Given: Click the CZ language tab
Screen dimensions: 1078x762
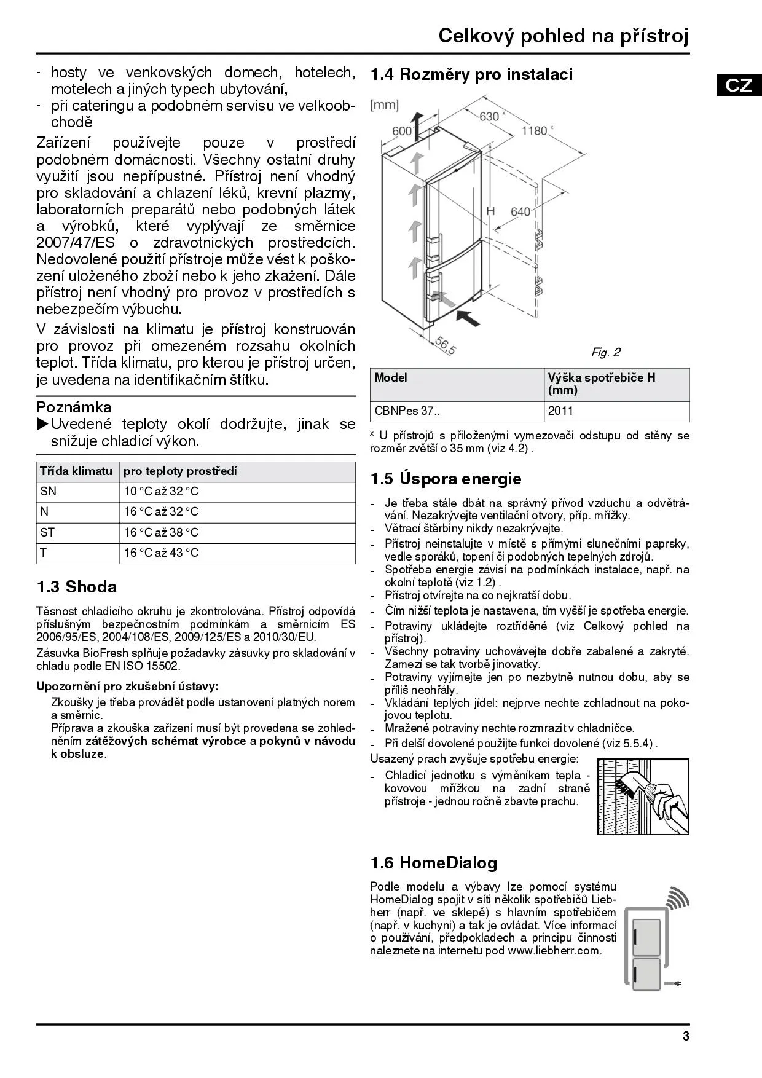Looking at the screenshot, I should coord(739,84).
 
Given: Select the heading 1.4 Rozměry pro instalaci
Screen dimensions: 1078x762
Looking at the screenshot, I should coord(471,74).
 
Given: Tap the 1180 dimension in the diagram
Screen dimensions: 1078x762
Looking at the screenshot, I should coord(534,130).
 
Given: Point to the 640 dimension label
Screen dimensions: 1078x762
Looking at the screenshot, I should coord(520,211).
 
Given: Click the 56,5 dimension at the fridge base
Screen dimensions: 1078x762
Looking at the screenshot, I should coord(446,345).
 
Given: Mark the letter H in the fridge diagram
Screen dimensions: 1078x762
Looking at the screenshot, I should coord(490,211).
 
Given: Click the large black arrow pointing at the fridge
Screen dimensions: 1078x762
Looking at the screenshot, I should coord(470,318).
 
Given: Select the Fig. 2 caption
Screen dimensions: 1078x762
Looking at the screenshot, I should coord(605,352).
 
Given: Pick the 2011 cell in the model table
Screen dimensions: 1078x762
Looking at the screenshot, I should coord(560,411).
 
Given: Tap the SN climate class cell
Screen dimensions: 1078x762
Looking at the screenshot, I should coord(49,491).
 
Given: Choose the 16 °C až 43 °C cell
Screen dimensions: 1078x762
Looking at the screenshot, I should coord(161,553).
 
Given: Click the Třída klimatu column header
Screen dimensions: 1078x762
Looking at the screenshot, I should coord(76,471).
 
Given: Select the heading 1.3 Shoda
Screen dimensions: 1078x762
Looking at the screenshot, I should coord(77,587).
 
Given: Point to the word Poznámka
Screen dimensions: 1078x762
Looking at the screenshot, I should coord(74,407).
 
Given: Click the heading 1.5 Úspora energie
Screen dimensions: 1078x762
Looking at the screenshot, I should coord(446,479).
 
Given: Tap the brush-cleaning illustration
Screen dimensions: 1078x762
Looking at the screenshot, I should coord(643,797).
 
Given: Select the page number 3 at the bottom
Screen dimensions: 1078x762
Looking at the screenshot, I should coord(686,1036).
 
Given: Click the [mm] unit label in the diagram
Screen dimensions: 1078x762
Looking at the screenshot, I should coord(384,105).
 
